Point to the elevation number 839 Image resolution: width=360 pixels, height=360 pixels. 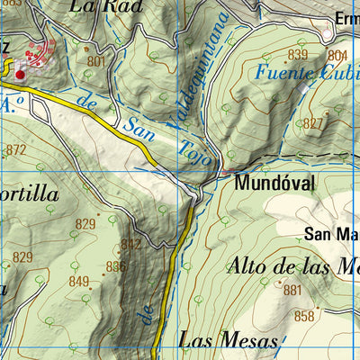[298, 56]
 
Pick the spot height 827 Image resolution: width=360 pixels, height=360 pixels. [314, 122]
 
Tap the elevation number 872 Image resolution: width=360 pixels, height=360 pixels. [16, 149]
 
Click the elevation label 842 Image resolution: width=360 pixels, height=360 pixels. [130, 244]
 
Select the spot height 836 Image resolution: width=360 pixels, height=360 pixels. [116, 265]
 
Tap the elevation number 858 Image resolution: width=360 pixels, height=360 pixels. [304, 316]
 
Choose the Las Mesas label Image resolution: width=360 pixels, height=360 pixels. [229, 339]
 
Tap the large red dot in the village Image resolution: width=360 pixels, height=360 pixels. [20, 62]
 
